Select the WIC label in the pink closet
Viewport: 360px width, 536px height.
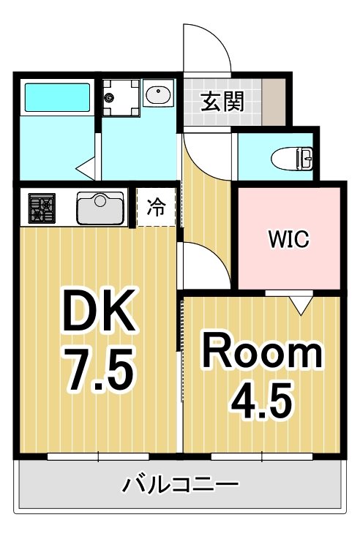coord(288,238)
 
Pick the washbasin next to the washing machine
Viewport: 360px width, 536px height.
coord(157,95)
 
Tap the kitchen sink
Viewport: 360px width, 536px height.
coord(102,208)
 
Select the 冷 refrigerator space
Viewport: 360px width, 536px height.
coord(157,208)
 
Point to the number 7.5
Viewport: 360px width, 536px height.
coord(98,369)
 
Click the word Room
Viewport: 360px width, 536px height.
coord(262,352)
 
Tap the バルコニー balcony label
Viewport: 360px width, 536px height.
coord(179,485)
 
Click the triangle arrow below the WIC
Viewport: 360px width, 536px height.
coord(300,304)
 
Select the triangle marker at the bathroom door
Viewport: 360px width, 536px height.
coord(86,167)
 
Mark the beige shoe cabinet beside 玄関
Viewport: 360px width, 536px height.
coord(274,100)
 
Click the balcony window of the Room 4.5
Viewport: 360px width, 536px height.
coord(262,456)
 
